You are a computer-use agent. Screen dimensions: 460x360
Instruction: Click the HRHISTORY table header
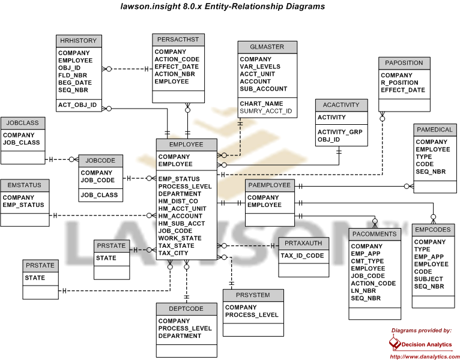(x=79, y=41)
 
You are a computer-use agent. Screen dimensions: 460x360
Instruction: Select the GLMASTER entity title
(x=267, y=47)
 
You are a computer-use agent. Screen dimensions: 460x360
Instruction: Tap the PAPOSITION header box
(x=404, y=63)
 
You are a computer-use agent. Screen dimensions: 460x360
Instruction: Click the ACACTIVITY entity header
(x=341, y=105)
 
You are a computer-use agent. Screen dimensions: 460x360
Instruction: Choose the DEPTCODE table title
(x=186, y=308)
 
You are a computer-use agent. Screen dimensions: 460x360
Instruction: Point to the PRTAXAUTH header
(x=303, y=244)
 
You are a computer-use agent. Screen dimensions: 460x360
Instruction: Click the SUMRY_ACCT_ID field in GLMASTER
(x=266, y=111)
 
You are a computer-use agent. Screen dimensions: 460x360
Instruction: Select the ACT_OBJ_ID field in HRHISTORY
(x=77, y=105)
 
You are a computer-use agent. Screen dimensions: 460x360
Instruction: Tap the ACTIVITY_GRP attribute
(x=340, y=132)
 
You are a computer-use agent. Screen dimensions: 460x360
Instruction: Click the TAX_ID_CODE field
(x=302, y=256)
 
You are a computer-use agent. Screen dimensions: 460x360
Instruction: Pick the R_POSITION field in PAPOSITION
(x=399, y=83)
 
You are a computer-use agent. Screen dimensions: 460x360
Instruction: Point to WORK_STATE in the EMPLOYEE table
(x=180, y=238)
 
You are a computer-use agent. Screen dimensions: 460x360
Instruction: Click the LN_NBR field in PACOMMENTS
(x=363, y=291)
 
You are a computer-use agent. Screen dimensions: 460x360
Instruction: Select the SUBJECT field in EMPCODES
(x=428, y=279)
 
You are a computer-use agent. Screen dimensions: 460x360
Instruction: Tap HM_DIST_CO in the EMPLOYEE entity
(x=178, y=201)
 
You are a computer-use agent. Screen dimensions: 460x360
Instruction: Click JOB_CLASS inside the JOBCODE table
(x=99, y=195)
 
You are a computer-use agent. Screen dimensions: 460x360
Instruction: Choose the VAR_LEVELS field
(x=260, y=67)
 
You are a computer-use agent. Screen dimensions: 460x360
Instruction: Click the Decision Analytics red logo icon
(x=395, y=343)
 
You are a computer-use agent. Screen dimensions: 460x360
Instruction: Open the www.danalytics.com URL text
(x=425, y=357)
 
